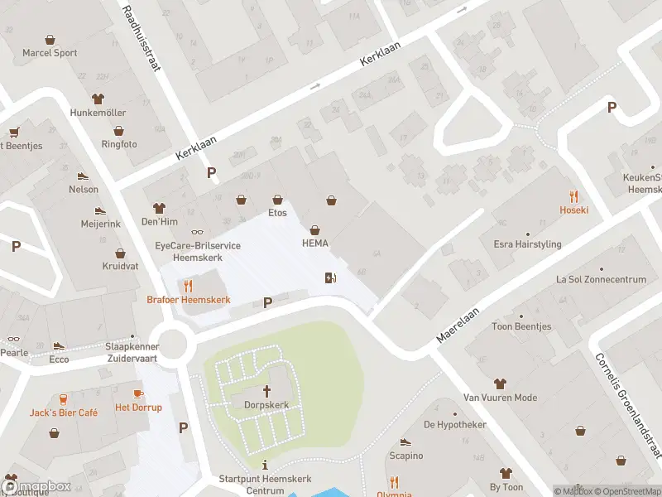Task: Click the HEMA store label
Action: coord(314,243)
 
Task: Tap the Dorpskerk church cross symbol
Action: coord(266,390)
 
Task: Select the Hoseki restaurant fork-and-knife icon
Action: coord(573,195)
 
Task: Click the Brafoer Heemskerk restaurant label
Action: coord(189,299)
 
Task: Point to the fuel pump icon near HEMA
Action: coord(331,277)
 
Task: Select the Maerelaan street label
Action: coord(458,324)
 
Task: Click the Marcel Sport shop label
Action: coord(50,53)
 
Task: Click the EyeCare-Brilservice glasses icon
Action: coord(196,232)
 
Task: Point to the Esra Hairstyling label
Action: coord(527,244)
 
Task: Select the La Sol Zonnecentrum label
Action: coord(601,280)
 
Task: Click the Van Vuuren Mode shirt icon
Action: coord(500,384)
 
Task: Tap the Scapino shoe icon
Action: coord(405,442)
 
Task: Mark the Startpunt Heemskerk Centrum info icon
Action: coord(264,465)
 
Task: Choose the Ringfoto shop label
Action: coord(119,144)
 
